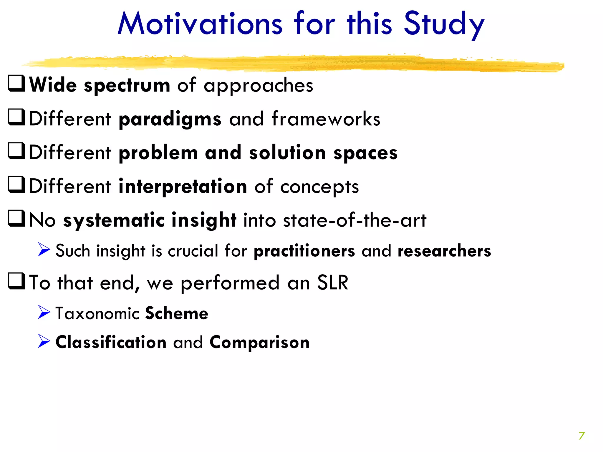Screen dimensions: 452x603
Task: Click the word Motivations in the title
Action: pyautogui.click(x=200, y=24)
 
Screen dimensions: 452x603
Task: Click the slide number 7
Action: pyautogui.click(x=582, y=436)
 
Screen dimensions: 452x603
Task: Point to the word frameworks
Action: pyautogui.click(x=326, y=119)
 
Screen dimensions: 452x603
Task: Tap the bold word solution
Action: pyautogui.click(x=287, y=153)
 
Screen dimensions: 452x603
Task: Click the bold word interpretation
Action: pyautogui.click(x=183, y=187)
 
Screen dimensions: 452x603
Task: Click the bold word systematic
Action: pyautogui.click(x=114, y=221)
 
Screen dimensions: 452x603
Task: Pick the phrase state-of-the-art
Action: pyautogui.click(x=354, y=220)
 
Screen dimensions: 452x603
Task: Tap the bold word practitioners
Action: pyautogui.click(x=304, y=251)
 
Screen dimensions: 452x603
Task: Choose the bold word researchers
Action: pyautogui.click(x=444, y=251)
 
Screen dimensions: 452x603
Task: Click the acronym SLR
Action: pyautogui.click(x=332, y=283)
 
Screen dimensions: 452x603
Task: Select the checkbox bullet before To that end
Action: pyautogui.click(x=16, y=282)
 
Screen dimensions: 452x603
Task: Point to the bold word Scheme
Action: pyautogui.click(x=177, y=313)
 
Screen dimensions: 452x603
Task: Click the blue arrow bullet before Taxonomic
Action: pyautogui.click(x=44, y=312)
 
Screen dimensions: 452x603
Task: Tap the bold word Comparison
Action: pyautogui.click(x=259, y=343)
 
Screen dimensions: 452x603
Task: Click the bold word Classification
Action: pyautogui.click(x=111, y=343)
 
